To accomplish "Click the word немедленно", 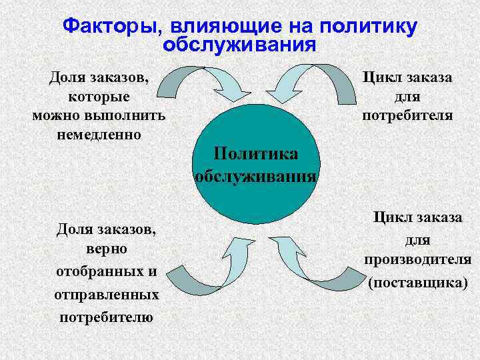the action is (99, 134).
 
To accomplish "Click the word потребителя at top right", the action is (407, 115).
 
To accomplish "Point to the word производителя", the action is (418, 259).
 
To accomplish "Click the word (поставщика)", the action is (418, 282).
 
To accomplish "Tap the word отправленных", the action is (106, 294).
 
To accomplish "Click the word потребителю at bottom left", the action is (106, 317).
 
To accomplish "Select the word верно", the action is (106, 249).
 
